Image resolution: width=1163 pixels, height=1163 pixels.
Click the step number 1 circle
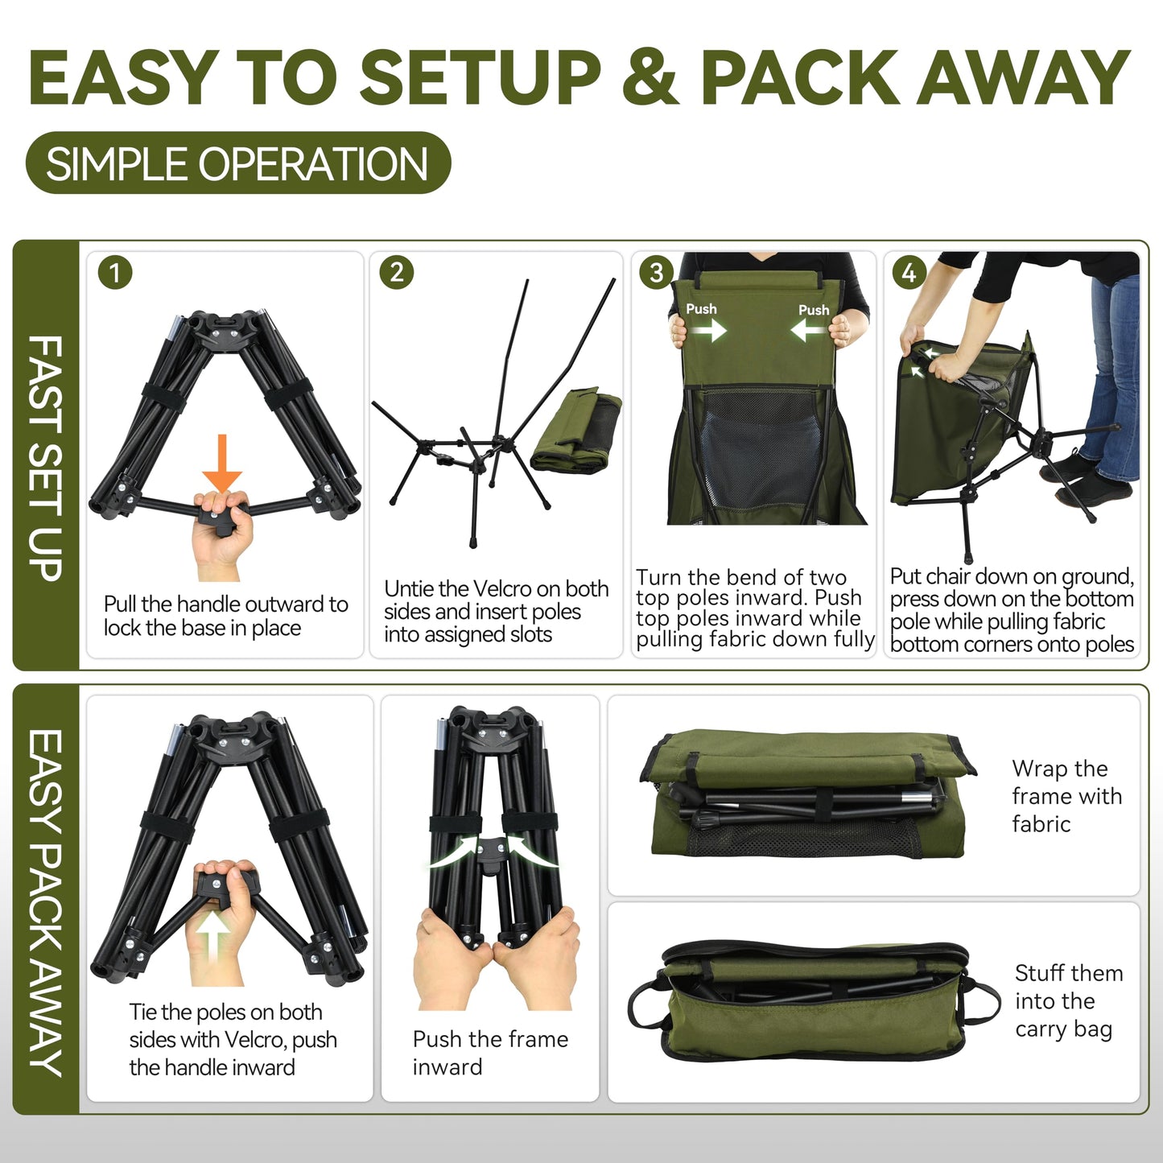click(115, 273)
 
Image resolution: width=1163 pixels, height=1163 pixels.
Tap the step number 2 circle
click(397, 273)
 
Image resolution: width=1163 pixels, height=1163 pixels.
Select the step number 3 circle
click(656, 273)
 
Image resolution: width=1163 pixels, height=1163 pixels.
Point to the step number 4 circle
click(909, 273)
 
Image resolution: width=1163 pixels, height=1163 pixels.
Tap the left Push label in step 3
click(701, 309)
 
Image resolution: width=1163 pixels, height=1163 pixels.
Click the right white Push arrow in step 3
click(808, 330)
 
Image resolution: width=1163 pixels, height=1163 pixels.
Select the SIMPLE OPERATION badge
click(237, 163)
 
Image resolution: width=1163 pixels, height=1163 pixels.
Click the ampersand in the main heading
click(650, 77)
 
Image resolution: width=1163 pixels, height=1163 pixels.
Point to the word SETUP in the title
click(480, 77)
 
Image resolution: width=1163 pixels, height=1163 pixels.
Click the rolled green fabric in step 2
click(575, 431)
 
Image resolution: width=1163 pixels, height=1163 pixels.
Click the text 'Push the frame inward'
click(489, 1053)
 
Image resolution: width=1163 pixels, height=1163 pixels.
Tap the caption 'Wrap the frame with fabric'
click(1066, 796)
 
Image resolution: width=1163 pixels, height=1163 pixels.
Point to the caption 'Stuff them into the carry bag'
click(1068, 1000)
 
